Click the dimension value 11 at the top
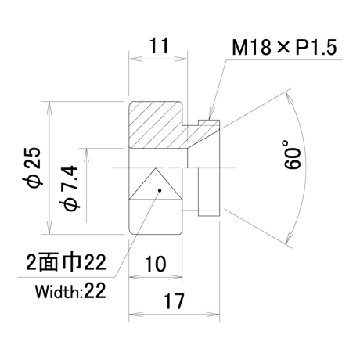point(159,45)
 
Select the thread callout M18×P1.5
point(284,47)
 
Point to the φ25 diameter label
point(33,167)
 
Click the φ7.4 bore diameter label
point(70,187)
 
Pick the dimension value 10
point(156,264)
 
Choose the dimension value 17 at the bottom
point(174,301)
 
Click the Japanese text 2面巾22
point(66,262)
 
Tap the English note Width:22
point(70,291)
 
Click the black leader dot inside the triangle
point(160,190)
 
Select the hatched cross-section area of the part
point(172,125)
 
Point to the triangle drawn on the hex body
point(156,184)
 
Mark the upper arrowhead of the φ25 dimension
point(49,107)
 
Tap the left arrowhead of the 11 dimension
point(135,59)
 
